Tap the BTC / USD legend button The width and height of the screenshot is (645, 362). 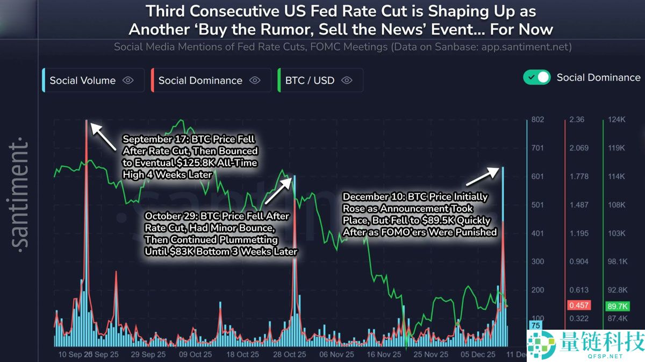click(320, 80)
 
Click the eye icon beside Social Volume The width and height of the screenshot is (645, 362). click(127, 80)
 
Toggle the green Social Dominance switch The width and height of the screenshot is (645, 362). click(536, 77)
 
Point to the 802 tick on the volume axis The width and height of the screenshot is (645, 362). click(537, 119)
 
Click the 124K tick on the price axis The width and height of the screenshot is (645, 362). click(617, 119)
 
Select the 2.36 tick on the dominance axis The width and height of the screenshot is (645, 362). click(577, 119)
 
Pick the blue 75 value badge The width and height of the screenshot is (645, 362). click(535, 325)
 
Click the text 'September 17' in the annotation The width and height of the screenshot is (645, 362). click(153, 139)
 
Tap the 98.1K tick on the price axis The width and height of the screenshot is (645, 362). click(617, 261)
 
